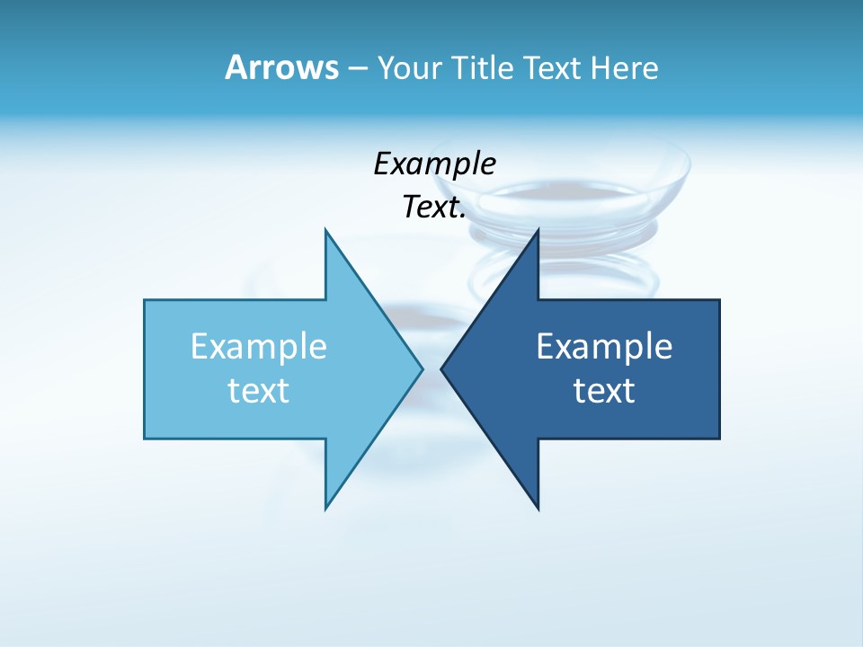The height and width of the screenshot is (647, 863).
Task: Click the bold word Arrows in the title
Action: (x=281, y=67)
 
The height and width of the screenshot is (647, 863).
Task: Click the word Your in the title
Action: (x=407, y=68)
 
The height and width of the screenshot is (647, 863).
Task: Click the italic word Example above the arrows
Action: (x=434, y=164)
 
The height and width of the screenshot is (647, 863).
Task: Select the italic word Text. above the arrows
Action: (x=434, y=208)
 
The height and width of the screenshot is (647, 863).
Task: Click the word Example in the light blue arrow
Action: (x=258, y=347)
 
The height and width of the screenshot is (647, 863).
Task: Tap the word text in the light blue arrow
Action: (x=258, y=391)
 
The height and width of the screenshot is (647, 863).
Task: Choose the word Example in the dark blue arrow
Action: (x=604, y=347)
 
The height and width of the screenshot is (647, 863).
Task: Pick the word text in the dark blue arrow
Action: (x=604, y=391)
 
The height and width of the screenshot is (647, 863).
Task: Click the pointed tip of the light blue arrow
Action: (x=423, y=368)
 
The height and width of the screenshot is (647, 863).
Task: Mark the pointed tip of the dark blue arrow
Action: (x=441, y=368)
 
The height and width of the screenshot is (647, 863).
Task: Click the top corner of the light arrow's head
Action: (x=325, y=229)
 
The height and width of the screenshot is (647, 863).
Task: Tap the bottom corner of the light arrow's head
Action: (x=325, y=509)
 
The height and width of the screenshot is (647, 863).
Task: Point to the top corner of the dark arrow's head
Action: (x=538, y=229)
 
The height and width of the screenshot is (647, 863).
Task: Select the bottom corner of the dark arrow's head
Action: (x=538, y=509)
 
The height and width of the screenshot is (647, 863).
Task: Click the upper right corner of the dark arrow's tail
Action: (x=719, y=300)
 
